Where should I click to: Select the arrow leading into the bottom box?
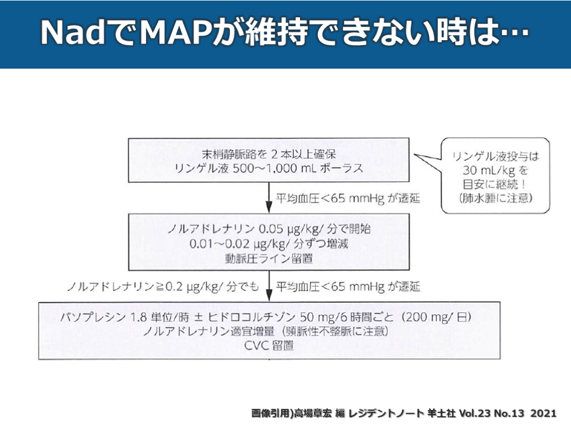[270, 286]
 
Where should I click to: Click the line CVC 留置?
[270, 346]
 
